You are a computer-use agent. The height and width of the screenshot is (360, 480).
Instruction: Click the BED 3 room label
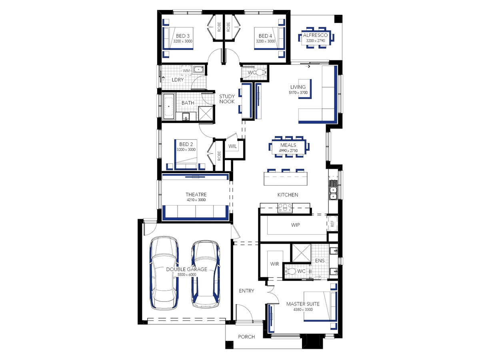pyautogui.click(x=182, y=36)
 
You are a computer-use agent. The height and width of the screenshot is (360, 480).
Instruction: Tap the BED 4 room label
pyautogui.click(x=265, y=36)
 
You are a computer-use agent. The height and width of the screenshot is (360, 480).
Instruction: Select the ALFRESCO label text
pyautogui.click(x=315, y=35)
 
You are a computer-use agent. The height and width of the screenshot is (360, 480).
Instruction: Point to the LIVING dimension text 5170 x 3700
pyautogui.click(x=298, y=92)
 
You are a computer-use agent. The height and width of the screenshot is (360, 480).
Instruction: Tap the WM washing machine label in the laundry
pyautogui.click(x=186, y=71)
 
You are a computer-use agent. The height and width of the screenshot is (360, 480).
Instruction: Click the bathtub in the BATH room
pyautogui.click(x=169, y=106)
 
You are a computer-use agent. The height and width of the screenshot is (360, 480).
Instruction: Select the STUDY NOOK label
pyautogui.click(x=227, y=99)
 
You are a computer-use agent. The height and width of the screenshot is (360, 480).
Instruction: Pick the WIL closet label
pyautogui.click(x=232, y=146)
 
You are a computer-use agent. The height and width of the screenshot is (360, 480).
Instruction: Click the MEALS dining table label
pyautogui.click(x=288, y=145)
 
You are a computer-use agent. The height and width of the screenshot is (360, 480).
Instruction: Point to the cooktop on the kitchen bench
pyautogui.click(x=285, y=208)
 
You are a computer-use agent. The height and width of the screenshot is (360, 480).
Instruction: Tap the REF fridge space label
pyautogui.click(x=332, y=224)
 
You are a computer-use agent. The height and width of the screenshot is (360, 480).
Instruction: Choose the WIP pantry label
pyautogui.click(x=295, y=225)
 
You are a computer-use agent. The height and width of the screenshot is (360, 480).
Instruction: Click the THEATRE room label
pyautogui.click(x=196, y=194)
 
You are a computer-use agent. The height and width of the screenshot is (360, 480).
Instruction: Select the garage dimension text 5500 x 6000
pyautogui.click(x=186, y=274)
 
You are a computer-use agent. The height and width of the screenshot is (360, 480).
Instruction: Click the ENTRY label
pyautogui.click(x=246, y=291)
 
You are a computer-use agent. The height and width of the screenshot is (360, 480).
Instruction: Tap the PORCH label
pyautogui.click(x=246, y=337)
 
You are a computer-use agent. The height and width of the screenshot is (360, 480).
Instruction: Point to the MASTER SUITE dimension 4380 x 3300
pyautogui.click(x=303, y=309)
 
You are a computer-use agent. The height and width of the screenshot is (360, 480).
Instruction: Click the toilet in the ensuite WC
pyautogui.click(x=290, y=272)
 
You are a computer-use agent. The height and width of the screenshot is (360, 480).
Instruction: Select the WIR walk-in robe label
pyautogui.click(x=274, y=264)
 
